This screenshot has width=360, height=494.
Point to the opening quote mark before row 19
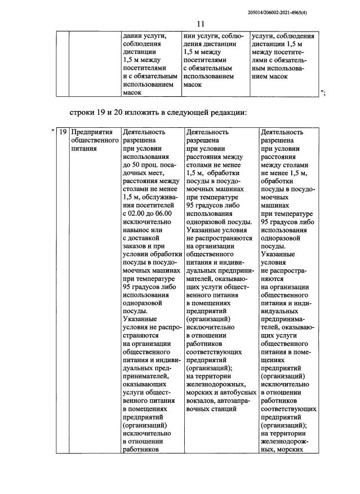click(x=52, y=131)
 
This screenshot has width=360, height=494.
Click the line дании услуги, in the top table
click(x=144, y=35)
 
